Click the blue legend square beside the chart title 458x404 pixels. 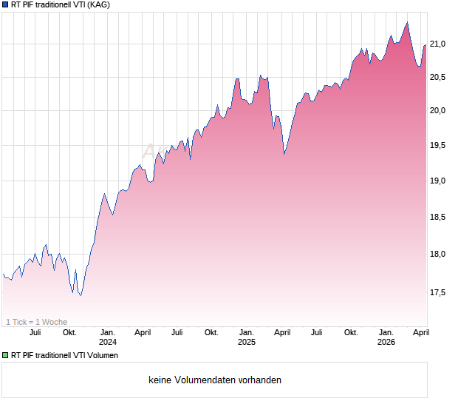pos(5,5)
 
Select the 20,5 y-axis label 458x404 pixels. pos(439,77)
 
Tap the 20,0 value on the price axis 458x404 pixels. pos(439,111)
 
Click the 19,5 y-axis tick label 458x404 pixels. pos(439,146)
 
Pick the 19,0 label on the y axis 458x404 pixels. pos(439,181)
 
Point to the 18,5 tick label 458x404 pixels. pos(439,218)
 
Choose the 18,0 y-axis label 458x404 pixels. pos(439,255)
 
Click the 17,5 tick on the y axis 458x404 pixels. pos(439,293)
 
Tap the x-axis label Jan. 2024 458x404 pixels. pos(108,337)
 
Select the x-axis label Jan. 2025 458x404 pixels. pos(247,337)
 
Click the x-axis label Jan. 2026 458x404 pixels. pos(386,337)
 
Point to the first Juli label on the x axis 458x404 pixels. pos(35,333)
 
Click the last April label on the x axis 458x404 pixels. pos(420,333)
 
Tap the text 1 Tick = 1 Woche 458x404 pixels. pos(36,322)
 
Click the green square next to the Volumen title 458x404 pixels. pos(5,355)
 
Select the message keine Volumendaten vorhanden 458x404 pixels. pos(214,380)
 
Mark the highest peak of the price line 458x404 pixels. pos(406,22)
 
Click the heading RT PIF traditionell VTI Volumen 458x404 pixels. pos(65,355)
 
